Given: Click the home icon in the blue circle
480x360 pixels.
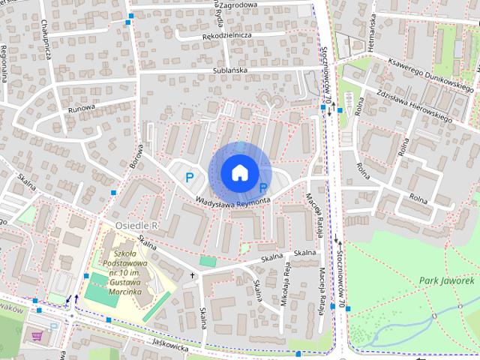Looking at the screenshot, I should [x=238, y=172].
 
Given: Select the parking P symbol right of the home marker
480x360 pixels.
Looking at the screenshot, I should [x=263, y=188].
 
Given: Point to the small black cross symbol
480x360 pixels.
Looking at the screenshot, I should [x=192, y=275].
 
